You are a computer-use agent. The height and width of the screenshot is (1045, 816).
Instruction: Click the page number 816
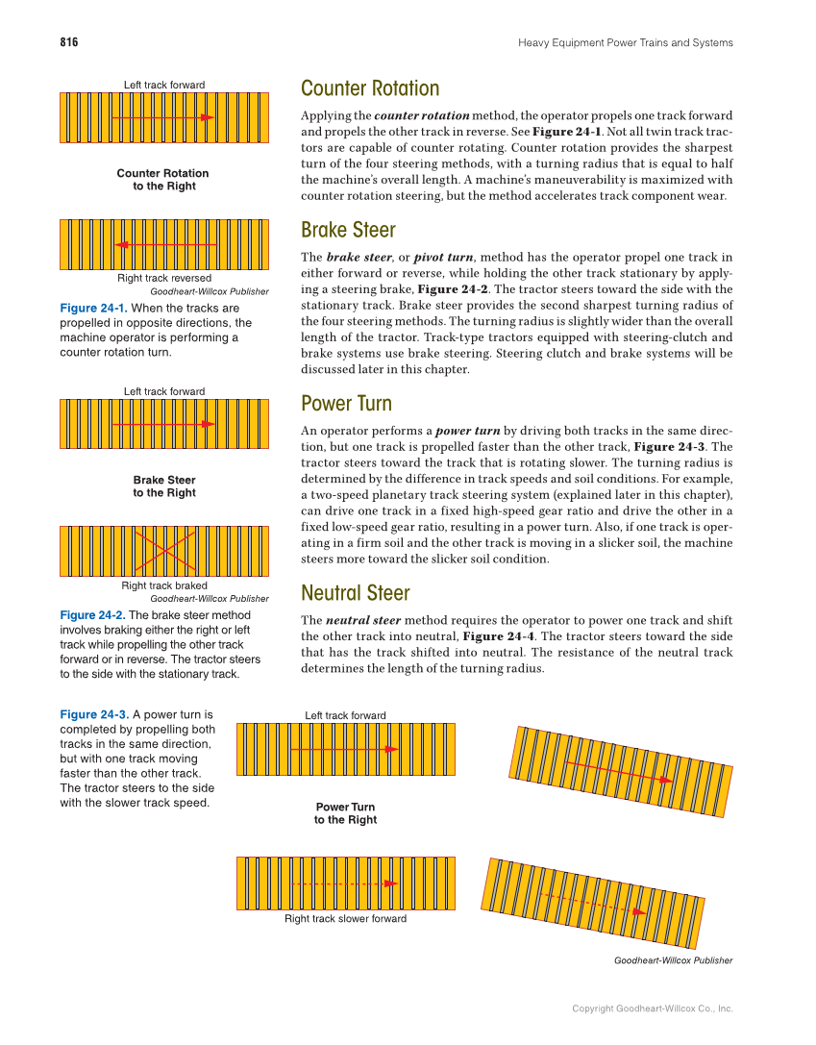click(x=68, y=42)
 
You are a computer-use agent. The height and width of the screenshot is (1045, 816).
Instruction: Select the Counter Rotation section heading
click(x=370, y=88)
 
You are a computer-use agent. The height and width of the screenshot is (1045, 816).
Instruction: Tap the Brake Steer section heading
click(x=348, y=231)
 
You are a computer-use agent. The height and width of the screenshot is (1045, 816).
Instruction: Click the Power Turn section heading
click(x=346, y=403)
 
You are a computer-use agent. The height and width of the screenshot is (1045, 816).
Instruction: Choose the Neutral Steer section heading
click(x=355, y=592)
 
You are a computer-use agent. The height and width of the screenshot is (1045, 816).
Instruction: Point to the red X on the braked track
click(x=164, y=550)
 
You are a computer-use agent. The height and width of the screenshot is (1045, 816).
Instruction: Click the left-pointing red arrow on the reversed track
click(x=164, y=245)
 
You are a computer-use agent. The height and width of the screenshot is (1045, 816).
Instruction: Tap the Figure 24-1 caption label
click(x=92, y=308)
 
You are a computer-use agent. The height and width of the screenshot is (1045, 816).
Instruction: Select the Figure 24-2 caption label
click(x=92, y=615)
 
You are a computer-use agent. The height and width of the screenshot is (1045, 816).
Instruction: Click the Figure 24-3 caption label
click(x=93, y=715)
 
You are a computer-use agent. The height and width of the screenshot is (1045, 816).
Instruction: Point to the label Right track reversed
click(x=164, y=279)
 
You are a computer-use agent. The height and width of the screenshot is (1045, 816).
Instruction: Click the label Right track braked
click(x=164, y=585)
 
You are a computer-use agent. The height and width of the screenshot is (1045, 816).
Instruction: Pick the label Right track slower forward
click(x=345, y=919)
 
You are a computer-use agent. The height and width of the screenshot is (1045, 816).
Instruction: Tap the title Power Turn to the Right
click(x=345, y=813)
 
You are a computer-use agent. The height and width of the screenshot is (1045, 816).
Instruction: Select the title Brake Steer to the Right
click(x=164, y=486)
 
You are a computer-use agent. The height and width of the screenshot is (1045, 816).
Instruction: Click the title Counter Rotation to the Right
click(x=163, y=180)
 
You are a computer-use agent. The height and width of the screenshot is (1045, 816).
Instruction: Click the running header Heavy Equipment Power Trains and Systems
click(x=625, y=42)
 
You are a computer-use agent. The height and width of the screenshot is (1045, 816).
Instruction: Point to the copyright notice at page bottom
click(x=652, y=1008)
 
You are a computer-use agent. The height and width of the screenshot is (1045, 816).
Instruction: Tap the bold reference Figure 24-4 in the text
click(x=499, y=636)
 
